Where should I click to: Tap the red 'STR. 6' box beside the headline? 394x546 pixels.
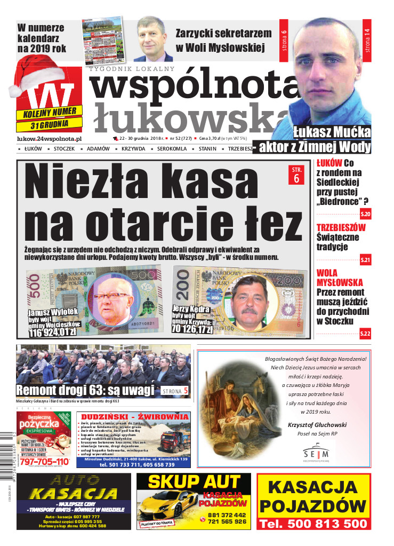click(x=296, y=176)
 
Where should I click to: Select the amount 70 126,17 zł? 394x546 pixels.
click(x=192, y=329)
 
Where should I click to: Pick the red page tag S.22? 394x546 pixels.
click(x=365, y=334)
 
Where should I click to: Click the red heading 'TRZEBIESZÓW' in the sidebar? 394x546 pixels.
click(x=341, y=227)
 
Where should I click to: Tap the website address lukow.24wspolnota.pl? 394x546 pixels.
click(x=49, y=138)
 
